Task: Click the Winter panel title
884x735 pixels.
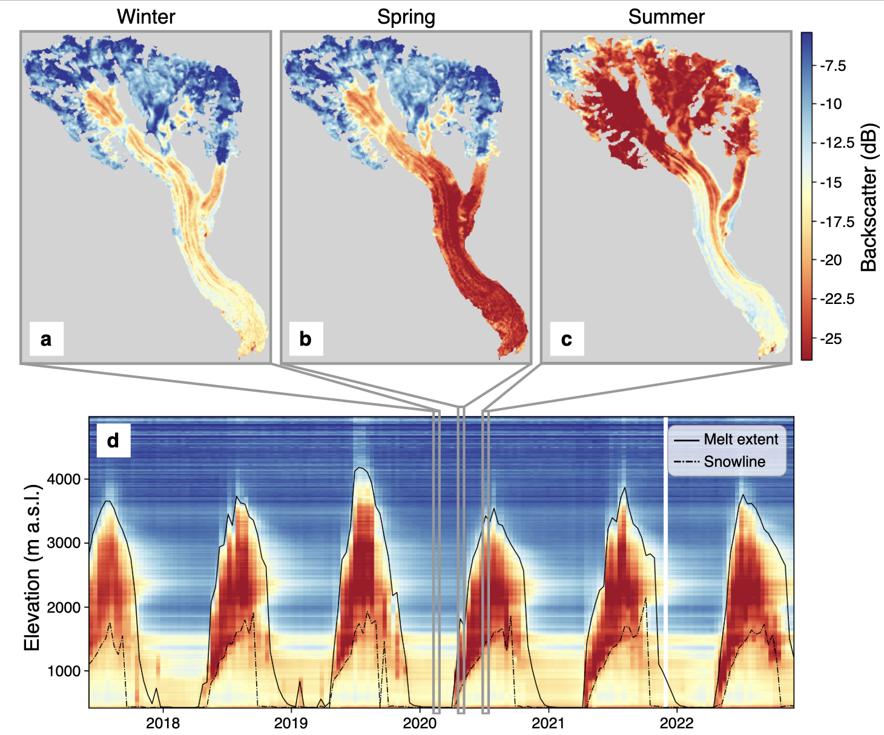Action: click(146, 16)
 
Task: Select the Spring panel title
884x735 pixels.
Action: click(406, 16)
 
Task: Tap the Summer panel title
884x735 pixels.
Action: click(666, 16)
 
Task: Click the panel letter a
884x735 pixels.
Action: click(46, 339)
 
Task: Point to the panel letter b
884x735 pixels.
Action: click(305, 339)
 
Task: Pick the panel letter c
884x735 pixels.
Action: click(566, 339)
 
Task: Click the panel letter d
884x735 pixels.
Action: click(113, 440)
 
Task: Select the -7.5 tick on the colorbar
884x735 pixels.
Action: click(833, 65)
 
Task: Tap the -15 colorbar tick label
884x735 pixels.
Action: click(831, 182)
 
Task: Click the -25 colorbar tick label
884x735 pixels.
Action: click(831, 338)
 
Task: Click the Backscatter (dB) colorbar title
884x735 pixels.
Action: click(869, 197)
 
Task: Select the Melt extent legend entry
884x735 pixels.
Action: click(741, 440)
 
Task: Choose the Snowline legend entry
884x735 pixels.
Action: click(734, 462)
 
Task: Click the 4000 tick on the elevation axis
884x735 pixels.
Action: click(64, 479)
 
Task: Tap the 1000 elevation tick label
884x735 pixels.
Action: click(64, 671)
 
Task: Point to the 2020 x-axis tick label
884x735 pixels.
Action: click(420, 723)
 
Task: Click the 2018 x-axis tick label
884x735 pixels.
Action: click(163, 723)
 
